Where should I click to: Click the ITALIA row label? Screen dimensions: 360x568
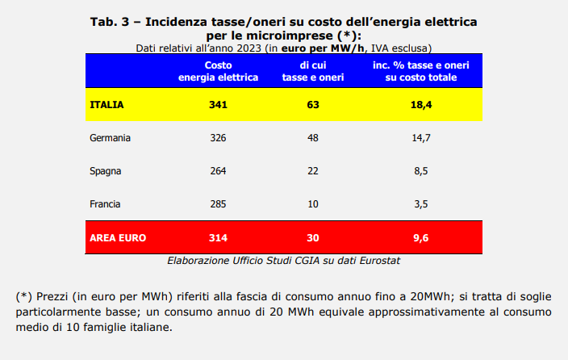click(106, 104)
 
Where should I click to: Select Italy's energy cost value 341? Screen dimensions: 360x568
click(218, 104)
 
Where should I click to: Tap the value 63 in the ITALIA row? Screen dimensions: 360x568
click(313, 104)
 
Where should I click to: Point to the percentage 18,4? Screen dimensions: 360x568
click(421, 104)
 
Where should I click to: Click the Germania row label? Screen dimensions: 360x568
click(110, 138)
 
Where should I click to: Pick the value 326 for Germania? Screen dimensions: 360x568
click(218, 138)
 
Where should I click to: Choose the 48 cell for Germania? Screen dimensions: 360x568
click(313, 138)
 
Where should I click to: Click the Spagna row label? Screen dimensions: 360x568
click(106, 171)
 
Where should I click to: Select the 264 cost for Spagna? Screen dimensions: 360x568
click(218, 171)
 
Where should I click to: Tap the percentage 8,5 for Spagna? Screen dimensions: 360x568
click(421, 171)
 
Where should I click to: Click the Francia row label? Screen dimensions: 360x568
click(106, 204)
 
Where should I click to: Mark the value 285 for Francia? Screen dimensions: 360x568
click(218, 204)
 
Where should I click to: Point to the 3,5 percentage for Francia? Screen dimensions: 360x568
click(421, 204)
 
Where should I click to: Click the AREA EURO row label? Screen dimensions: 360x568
click(118, 238)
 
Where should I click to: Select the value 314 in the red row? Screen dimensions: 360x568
click(218, 238)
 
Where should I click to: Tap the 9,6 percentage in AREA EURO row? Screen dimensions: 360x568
click(421, 238)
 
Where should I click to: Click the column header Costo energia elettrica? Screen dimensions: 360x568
click(218, 71)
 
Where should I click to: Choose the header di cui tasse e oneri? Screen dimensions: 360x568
click(313, 71)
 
